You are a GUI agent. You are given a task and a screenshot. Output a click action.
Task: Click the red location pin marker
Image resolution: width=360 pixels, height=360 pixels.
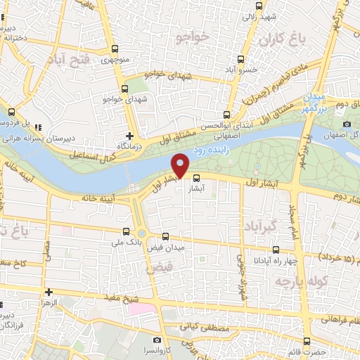pyautogui.click(x=181, y=166)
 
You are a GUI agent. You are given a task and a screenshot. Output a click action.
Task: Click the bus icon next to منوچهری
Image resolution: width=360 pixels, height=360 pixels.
pyautogui.click(x=116, y=49)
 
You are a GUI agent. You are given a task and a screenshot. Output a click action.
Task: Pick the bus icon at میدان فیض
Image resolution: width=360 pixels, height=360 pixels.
pyautogui.click(x=166, y=237)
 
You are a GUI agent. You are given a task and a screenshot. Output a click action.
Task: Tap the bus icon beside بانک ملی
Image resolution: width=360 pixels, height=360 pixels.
pyautogui.click(x=127, y=231)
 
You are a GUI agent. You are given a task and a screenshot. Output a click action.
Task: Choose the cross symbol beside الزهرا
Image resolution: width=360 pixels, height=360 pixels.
pyautogui.click(x=48, y=291)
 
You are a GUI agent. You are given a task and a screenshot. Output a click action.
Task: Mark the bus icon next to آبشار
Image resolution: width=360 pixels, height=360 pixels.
pyautogui.click(x=197, y=178)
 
